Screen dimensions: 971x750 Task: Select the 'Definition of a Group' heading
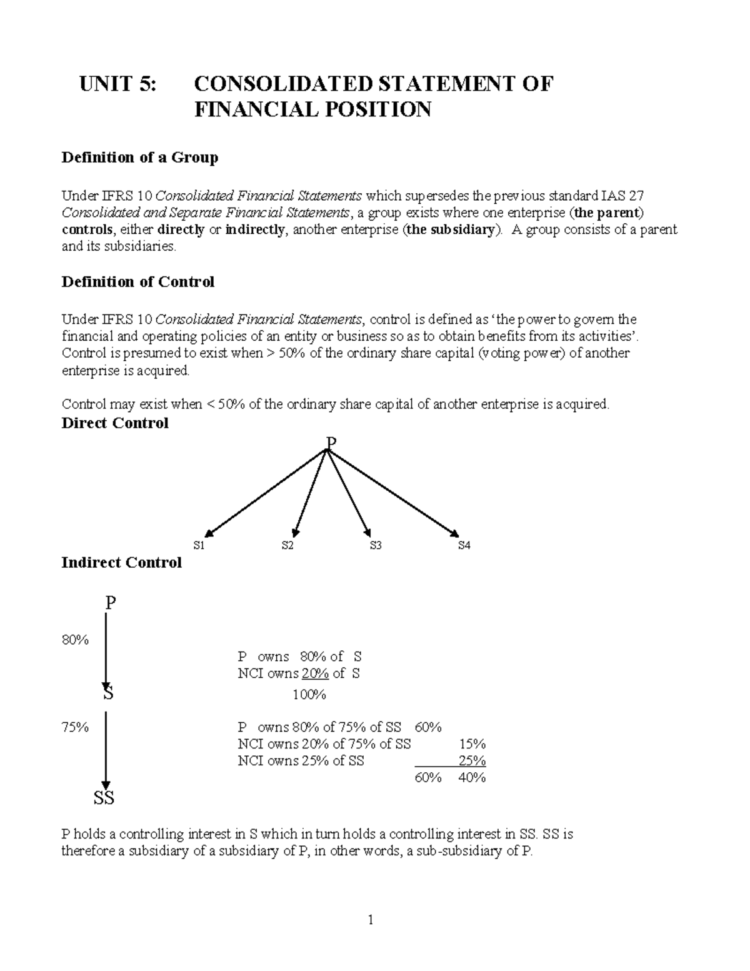coord(139,158)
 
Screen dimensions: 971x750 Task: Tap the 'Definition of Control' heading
coord(137,282)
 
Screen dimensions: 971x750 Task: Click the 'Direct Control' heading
coord(115,423)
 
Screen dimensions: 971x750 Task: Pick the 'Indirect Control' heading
coord(121,563)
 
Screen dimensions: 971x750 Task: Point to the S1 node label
coord(199,546)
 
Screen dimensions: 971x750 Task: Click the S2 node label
coord(287,546)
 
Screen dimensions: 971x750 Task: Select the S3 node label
coord(375,546)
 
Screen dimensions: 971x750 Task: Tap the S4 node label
coord(464,546)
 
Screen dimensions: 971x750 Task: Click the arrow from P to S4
coord(394,494)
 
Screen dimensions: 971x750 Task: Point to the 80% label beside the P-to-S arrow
coord(75,640)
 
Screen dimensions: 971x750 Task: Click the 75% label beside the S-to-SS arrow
coord(75,727)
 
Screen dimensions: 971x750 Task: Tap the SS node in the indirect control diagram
coord(104,798)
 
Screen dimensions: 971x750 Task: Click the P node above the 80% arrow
coord(110,603)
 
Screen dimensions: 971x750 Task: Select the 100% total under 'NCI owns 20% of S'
coord(309,695)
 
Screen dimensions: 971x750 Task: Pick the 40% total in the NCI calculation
coord(472,778)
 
